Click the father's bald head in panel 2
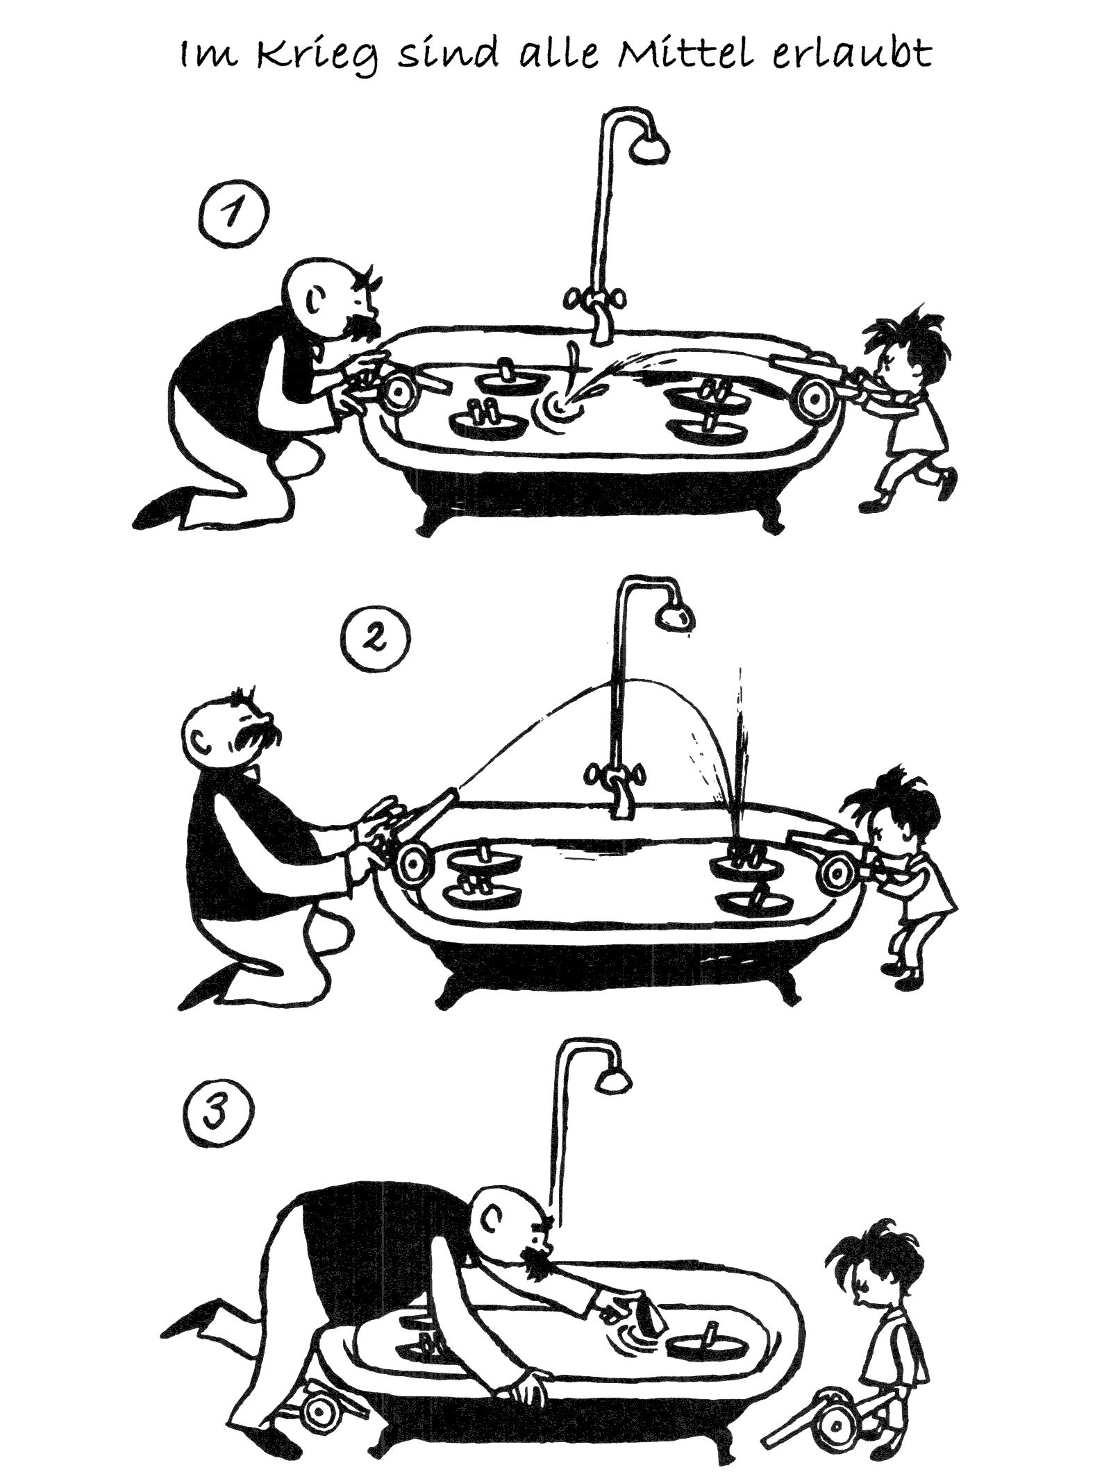coord(229,729)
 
